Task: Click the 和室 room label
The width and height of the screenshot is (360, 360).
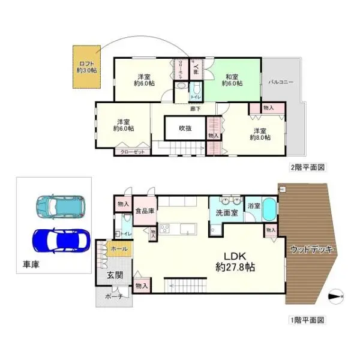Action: pos(232,76)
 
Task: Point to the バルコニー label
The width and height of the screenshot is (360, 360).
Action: pos(281,81)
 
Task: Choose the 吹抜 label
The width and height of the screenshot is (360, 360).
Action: pos(185,128)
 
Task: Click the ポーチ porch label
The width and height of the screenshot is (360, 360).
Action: pos(113,296)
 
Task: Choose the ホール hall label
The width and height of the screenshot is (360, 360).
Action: pos(119,248)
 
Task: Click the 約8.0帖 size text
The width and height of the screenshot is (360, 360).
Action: pos(260,137)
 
